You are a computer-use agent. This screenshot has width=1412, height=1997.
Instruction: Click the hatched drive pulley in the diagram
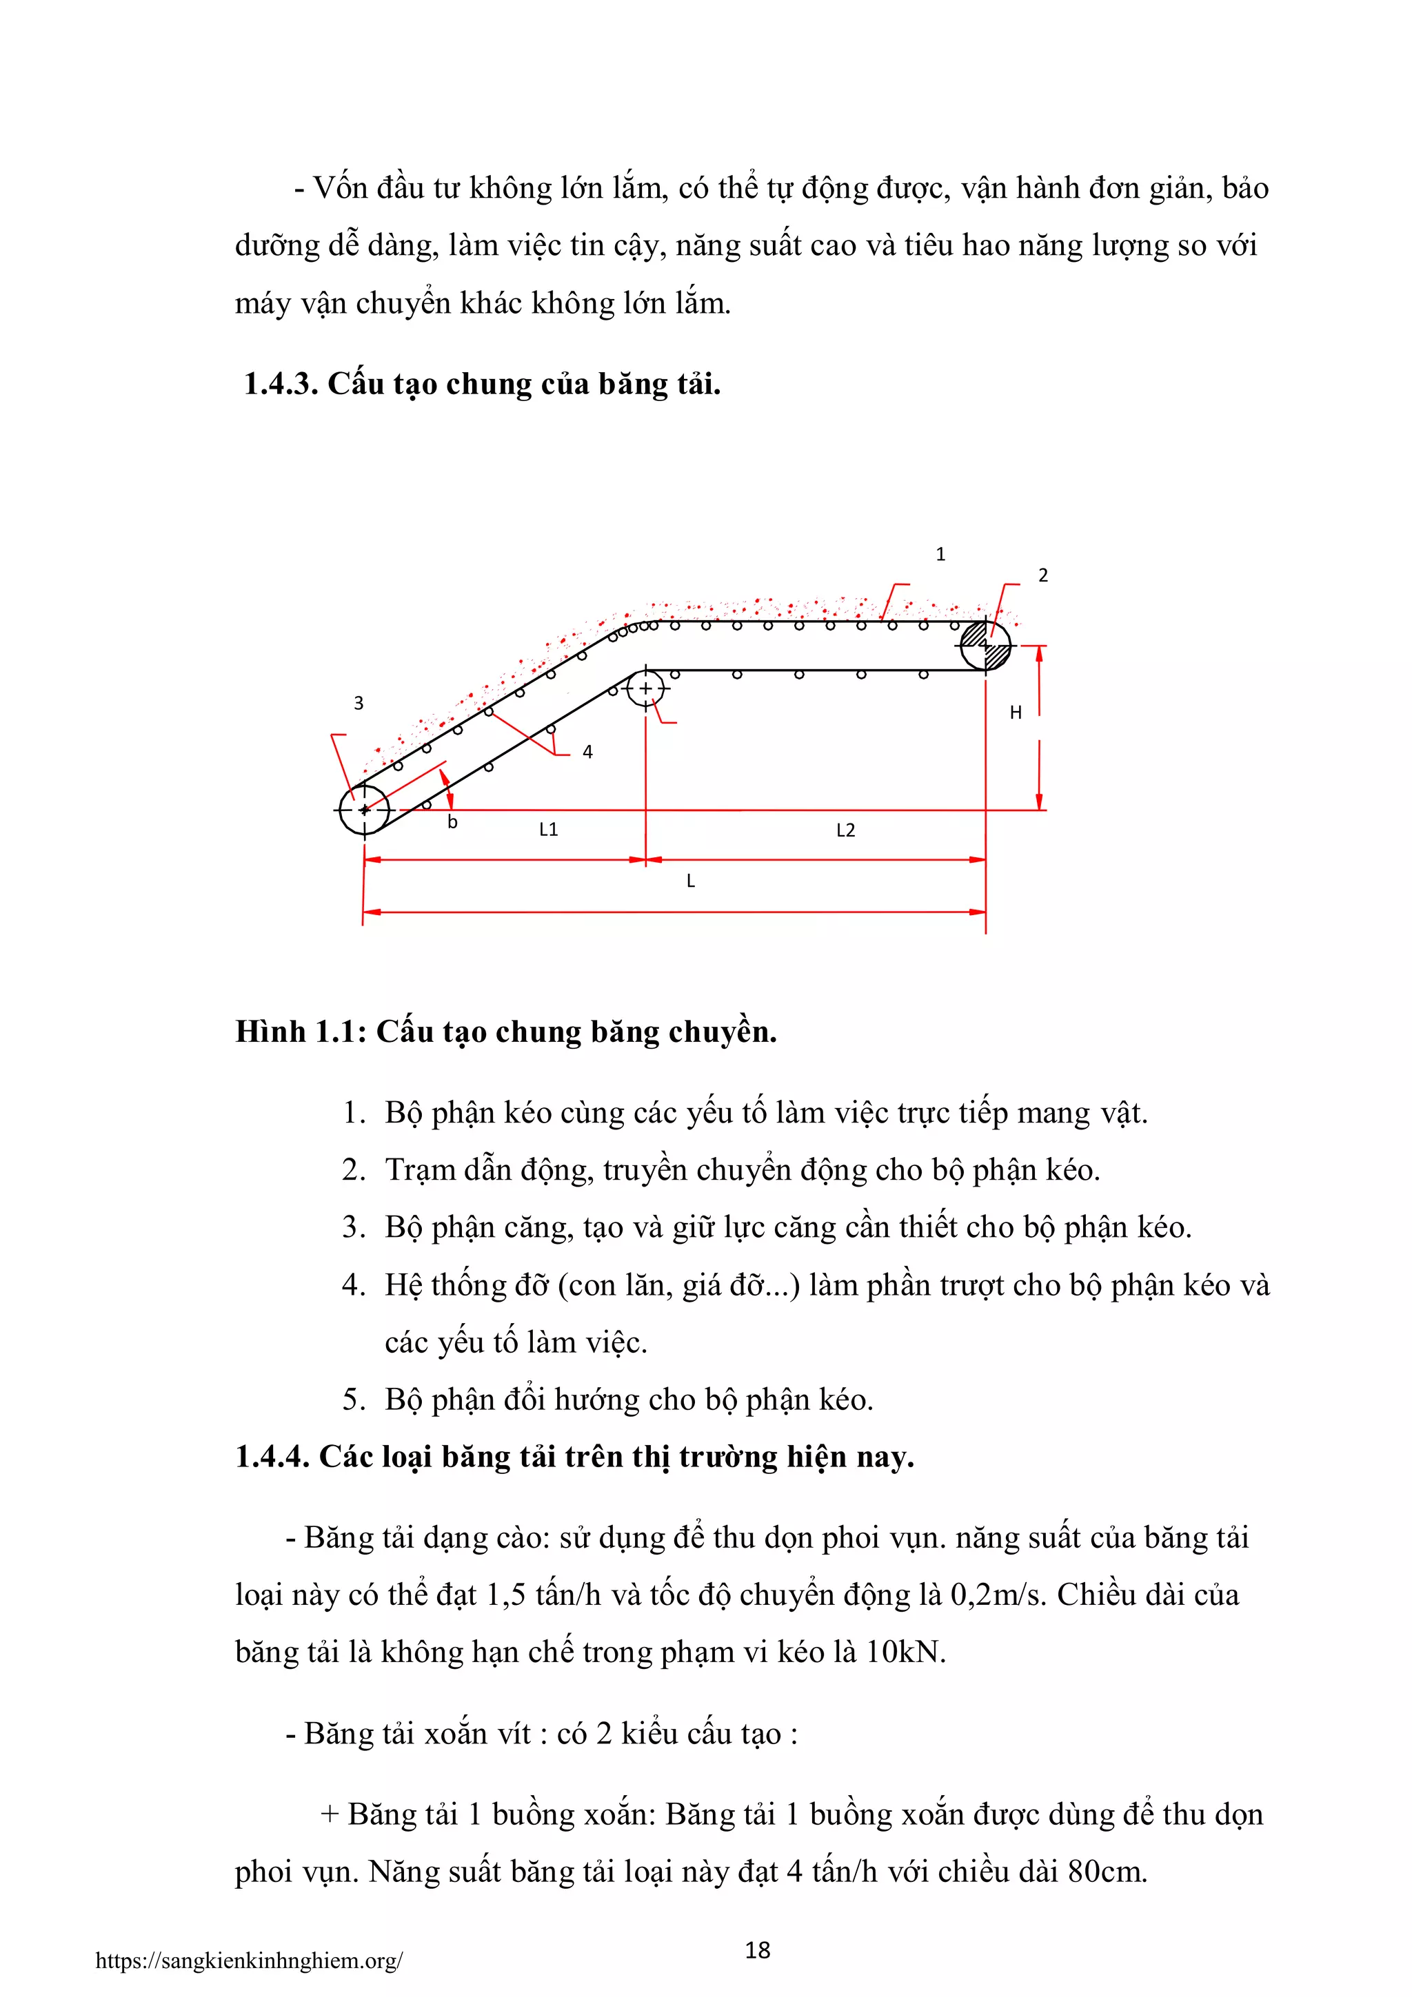click(985, 646)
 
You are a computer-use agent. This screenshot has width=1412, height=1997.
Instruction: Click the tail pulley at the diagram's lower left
click(363, 810)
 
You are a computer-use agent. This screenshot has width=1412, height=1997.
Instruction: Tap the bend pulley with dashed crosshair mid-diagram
click(645, 689)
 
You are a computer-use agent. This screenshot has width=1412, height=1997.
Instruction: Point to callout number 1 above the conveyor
click(940, 554)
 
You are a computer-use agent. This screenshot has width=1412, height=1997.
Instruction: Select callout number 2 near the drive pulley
click(1042, 575)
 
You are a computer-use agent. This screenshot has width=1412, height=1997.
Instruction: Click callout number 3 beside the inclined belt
click(359, 703)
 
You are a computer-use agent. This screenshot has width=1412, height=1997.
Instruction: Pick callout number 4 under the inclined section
click(587, 752)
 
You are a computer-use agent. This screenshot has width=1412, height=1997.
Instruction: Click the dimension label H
click(1016, 713)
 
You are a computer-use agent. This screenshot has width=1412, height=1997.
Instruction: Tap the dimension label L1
click(548, 829)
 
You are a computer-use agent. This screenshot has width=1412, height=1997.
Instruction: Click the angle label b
click(452, 822)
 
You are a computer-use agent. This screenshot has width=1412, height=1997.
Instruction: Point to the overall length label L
click(690, 881)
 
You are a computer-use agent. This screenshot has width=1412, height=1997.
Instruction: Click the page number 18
click(757, 1949)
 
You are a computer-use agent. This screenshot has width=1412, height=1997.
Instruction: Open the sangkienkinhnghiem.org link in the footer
click(249, 1960)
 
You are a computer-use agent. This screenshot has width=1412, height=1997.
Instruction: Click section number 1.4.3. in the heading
click(280, 384)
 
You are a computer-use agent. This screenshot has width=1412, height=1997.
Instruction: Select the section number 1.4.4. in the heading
click(272, 1456)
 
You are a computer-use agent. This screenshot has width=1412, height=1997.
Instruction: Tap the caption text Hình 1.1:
click(300, 1032)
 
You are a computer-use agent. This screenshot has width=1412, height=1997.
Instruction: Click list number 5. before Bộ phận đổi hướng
click(353, 1399)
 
